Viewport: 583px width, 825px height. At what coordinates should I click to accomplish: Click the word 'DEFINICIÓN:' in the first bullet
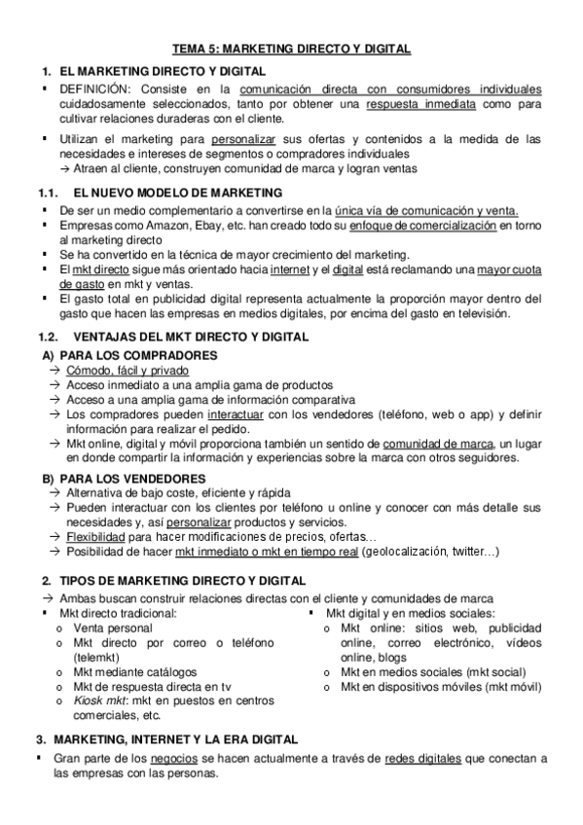(95, 90)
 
